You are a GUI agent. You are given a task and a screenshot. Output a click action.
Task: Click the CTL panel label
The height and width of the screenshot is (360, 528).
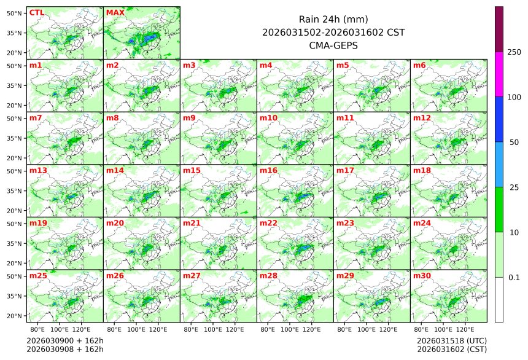pyautogui.click(x=37, y=12)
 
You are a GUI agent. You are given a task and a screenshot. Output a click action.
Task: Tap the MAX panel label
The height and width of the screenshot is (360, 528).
pyautogui.click(x=115, y=12)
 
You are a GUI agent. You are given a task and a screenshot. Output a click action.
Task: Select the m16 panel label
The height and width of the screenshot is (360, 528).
pyautogui.click(x=268, y=170)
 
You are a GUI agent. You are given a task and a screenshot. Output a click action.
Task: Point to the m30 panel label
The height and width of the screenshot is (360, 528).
pyautogui.click(x=422, y=276)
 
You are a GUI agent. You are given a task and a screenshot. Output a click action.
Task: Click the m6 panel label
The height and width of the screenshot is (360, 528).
pyautogui.click(x=420, y=65)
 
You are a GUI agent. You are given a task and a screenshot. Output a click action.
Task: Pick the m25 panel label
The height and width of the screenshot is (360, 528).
pyautogui.click(x=38, y=276)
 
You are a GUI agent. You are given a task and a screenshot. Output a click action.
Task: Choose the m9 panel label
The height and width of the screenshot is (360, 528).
pyautogui.click(x=190, y=117)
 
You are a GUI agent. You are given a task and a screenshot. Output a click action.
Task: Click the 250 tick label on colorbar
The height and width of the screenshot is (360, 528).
pyautogui.click(x=514, y=52)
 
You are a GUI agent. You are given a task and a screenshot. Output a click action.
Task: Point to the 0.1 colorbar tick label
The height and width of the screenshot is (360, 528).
pyautogui.click(x=514, y=278)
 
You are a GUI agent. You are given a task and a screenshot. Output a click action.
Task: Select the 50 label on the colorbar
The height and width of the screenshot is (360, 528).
pyautogui.click(x=515, y=143)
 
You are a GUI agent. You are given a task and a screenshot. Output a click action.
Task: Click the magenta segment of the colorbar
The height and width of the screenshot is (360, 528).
pyautogui.click(x=499, y=74)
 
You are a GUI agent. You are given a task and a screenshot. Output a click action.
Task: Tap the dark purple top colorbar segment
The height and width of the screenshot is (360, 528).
pyautogui.click(x=499, y=29)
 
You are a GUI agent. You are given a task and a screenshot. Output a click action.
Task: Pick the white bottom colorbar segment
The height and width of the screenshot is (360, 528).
pyautogui.click(x=499, y=299)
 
